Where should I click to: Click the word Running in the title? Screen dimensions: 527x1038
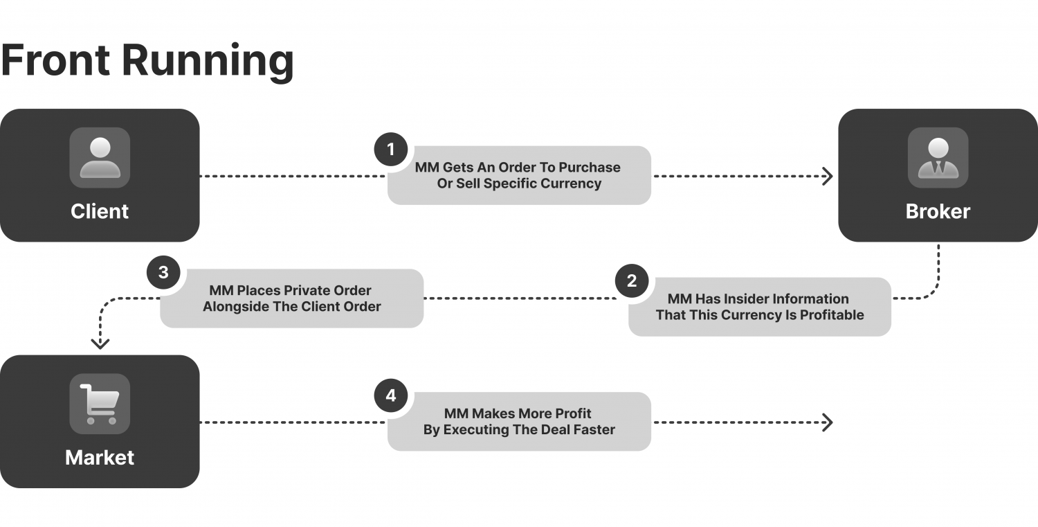coord(208,61)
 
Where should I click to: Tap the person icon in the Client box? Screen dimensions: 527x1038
coord(100,158)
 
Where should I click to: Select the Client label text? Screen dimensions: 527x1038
coord(100,211)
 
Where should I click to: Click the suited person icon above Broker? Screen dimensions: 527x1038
coord(938,158)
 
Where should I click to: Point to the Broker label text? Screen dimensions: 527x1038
coord(938,211)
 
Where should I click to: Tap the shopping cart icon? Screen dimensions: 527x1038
coord(100,404)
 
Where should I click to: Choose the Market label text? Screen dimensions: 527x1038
coord(100,458)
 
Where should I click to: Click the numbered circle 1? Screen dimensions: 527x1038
coord(391,150)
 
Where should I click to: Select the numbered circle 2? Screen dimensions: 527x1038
coord(632,281)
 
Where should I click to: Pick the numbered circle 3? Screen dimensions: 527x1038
coord(163,272)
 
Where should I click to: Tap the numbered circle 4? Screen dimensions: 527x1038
coord(391,396)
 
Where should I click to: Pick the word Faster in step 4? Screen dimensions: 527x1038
coord(594,430)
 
